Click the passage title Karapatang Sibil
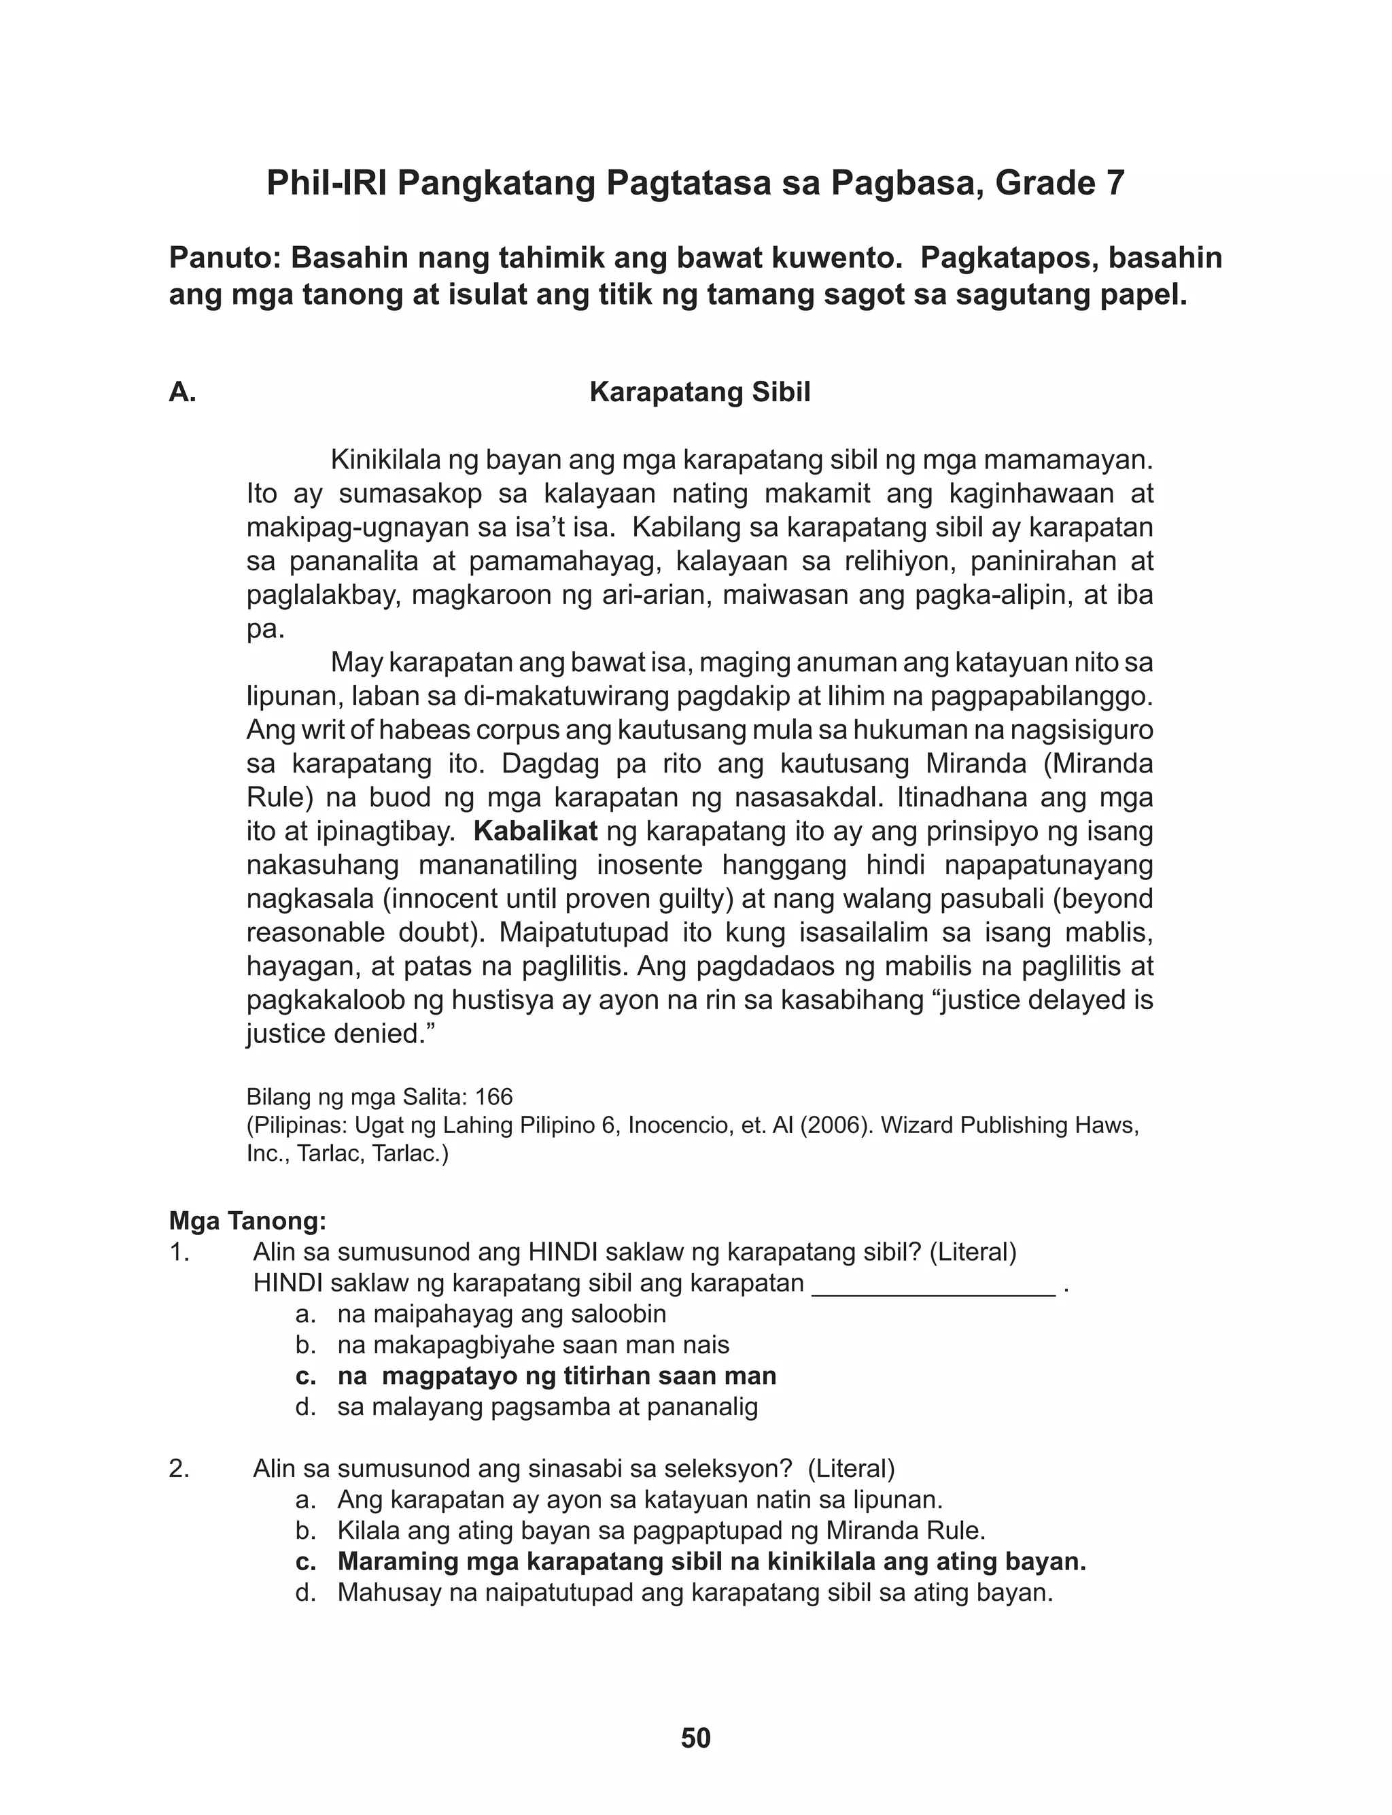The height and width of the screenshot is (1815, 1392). pos(699,392)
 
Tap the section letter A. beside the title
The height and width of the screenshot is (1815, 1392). pos(182,392)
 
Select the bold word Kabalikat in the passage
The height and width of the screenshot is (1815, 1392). pos(536,831)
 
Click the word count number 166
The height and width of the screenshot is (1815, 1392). pos(494,1098)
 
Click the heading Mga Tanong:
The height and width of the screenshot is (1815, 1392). pos(247,1221)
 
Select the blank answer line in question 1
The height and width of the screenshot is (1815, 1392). pos(934,1284)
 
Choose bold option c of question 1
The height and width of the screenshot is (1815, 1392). pos(536,1376)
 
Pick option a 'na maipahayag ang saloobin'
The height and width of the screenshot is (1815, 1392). pos(502,1314)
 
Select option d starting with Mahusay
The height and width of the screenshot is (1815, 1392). pos(695,1593)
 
